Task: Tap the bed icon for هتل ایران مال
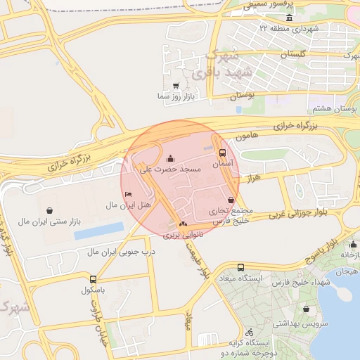(x=127, y=193)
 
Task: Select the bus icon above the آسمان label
(x=223, y=152)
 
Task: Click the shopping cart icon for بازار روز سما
(x=175, y=85)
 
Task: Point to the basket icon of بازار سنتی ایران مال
(x=50, y=210)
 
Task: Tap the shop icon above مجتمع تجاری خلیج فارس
(x=231, y=200)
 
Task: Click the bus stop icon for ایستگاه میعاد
(x=240, y=268)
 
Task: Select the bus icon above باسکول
(x=93, y=279)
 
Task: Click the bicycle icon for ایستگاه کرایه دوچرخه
(x=249, y=332)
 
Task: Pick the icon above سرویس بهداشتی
(x=306, y=309)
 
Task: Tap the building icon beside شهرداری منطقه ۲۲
(x=290, y=29)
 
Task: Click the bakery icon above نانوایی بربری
(x=183, y=224)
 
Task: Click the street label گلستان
(x=295, y=54)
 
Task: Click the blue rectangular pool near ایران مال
(x=98, y=230)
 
